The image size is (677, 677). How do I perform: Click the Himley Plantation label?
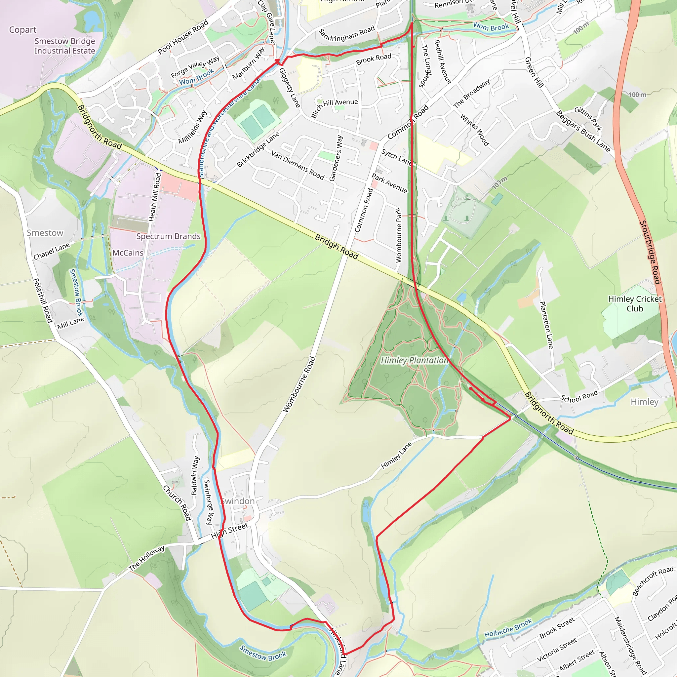[414, 360]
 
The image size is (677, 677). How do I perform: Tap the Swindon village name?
[238, 501]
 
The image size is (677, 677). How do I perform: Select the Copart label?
[23, 30]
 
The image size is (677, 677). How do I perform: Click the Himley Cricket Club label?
[635, 304]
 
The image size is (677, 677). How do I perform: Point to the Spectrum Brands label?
[168, 236]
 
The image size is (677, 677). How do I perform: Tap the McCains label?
[128, 253]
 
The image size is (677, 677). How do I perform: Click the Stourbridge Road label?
[650, 252]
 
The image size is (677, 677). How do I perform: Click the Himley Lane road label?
[396, 456]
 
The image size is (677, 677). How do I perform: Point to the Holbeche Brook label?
[508, 628]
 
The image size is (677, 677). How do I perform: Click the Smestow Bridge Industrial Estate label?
[64, 46]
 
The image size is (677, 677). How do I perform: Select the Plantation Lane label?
[546, 325]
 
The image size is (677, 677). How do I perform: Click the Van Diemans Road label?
[298, 165]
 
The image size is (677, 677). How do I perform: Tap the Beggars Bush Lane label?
[583, 131]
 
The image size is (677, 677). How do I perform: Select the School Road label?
[579, 397]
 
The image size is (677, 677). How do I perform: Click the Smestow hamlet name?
[45, 233]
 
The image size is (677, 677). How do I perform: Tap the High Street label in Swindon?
[229, 531]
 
